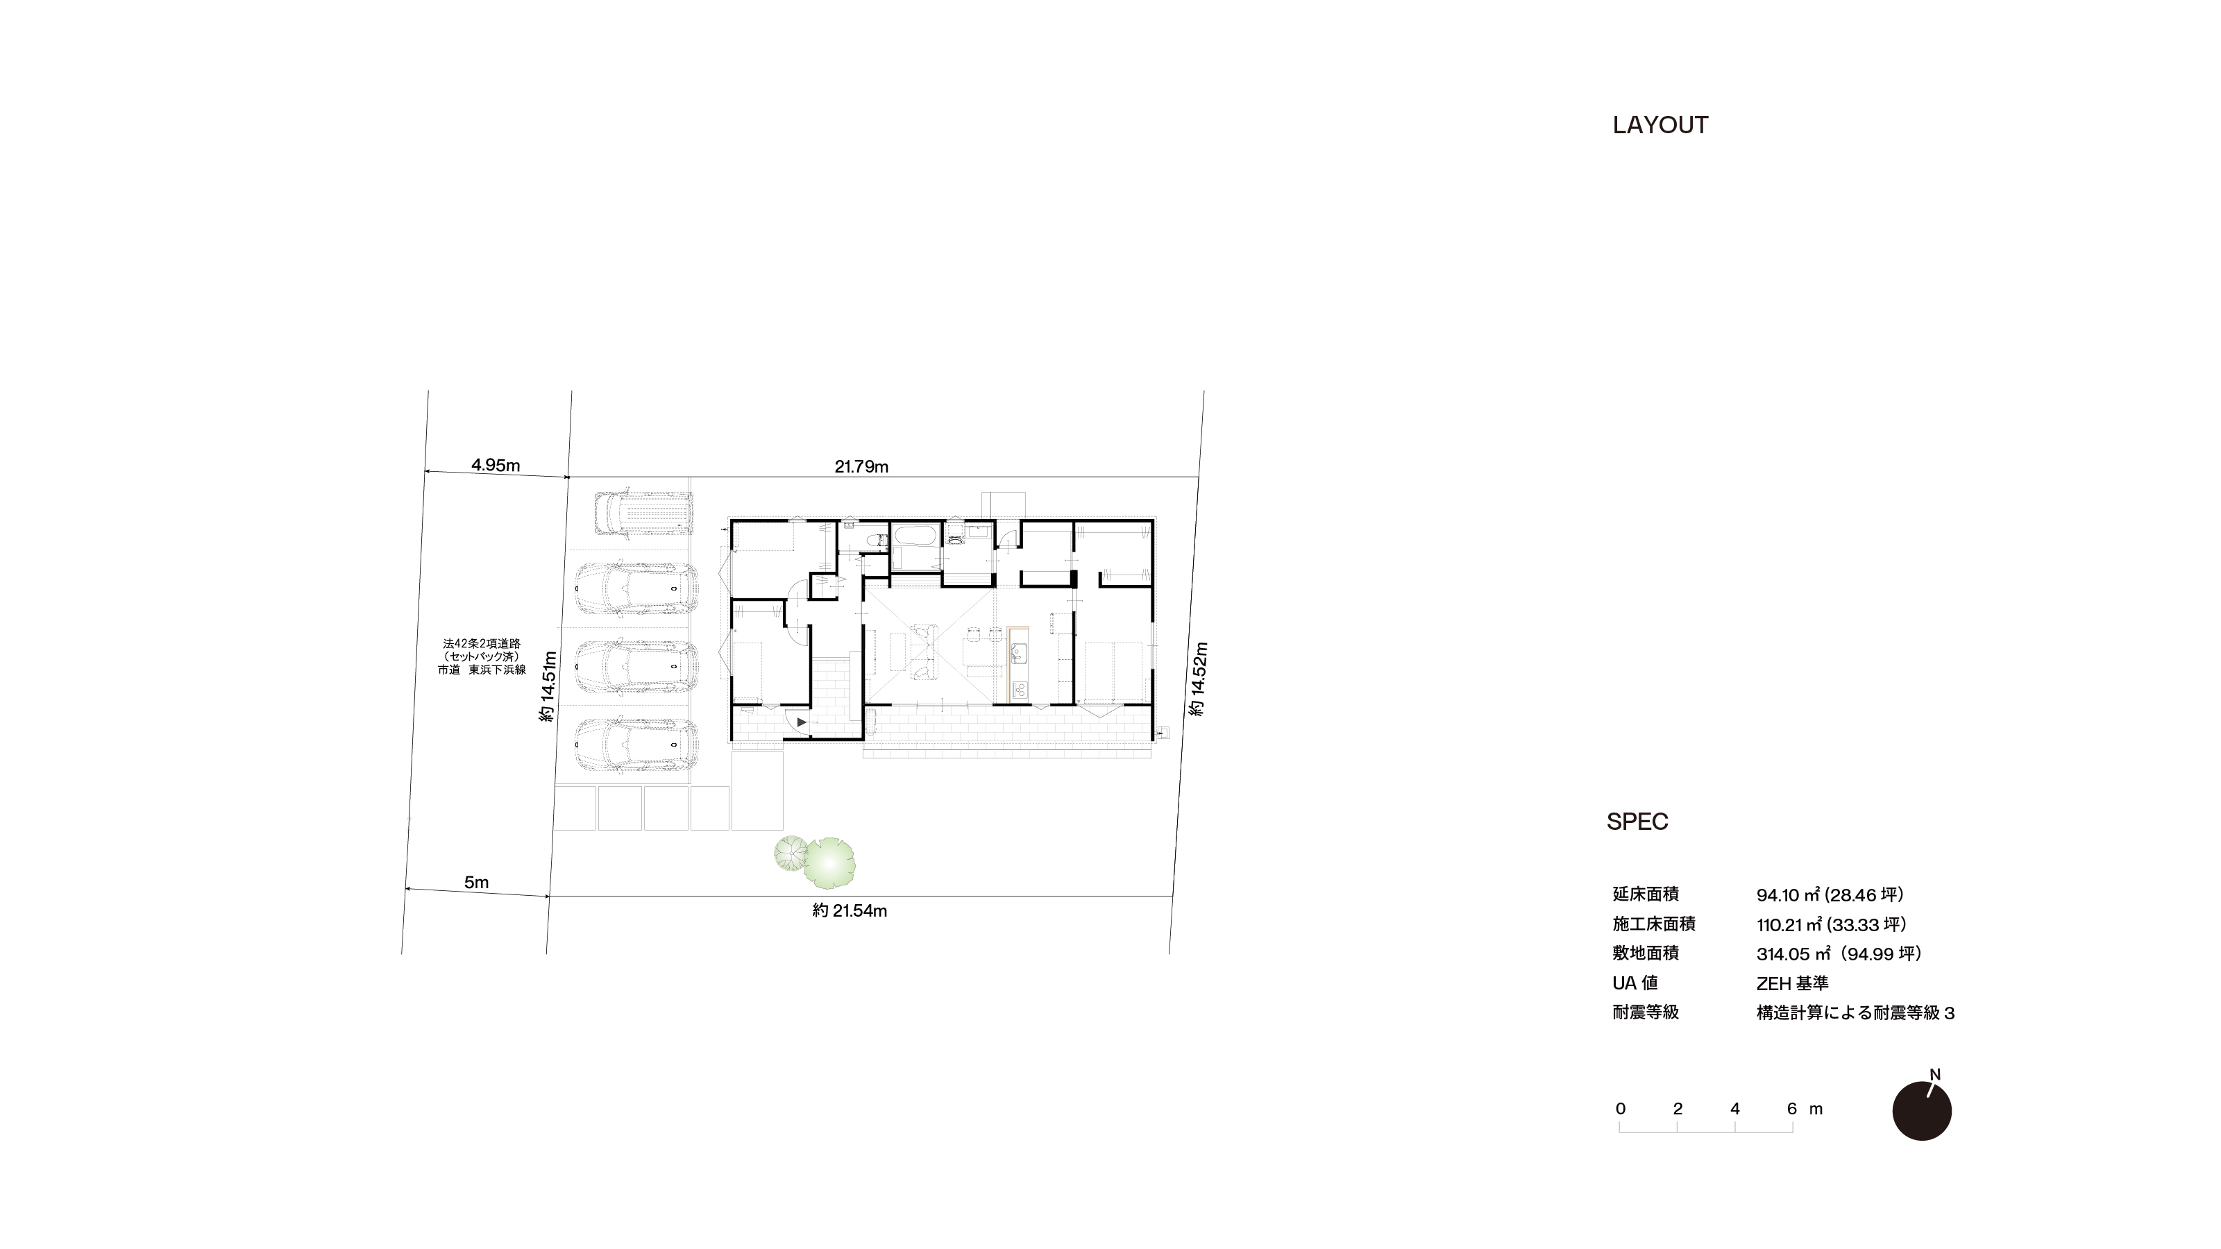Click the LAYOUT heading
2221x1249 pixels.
(1660, 125)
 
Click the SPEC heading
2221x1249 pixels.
(1637, 822)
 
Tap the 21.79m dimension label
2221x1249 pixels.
(861, 466)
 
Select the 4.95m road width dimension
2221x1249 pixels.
(496, 465)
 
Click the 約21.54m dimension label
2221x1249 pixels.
(850, 910)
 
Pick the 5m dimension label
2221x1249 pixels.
(477, 882)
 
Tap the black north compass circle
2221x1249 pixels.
(1922, 1111)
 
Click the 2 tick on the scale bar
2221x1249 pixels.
(1678, 1109)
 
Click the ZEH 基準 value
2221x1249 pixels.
(1793, 983)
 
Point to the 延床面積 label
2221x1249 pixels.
(1646, 894)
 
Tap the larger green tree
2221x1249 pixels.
(829, 863)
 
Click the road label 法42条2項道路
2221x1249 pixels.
(482, 643)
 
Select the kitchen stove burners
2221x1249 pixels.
(1018, 690)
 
